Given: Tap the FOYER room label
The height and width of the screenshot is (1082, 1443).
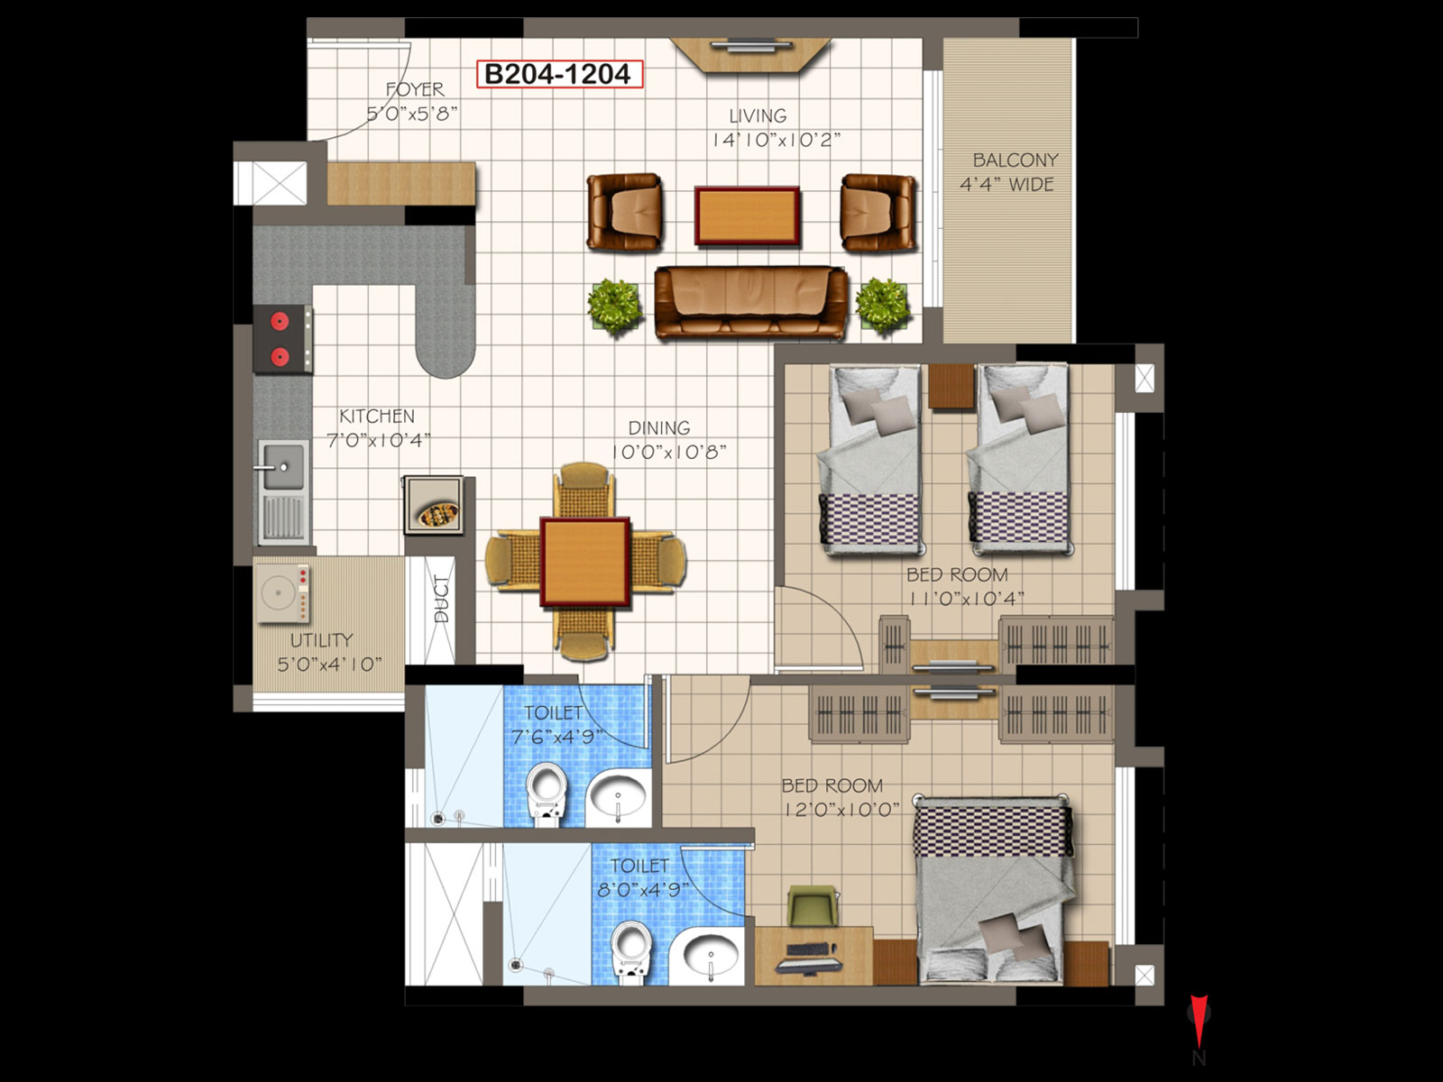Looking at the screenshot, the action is (x=415, y=89).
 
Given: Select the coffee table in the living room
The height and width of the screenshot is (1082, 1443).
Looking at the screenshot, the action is (x=747, y=216).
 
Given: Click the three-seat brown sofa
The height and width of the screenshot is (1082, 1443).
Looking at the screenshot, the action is (x=750, y=302).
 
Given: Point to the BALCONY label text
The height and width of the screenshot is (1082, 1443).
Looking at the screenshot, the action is (x=1015, y=160).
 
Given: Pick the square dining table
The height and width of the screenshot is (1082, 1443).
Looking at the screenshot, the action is (x=585, y=562).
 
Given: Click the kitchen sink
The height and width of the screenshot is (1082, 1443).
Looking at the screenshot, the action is (x=283, y=492).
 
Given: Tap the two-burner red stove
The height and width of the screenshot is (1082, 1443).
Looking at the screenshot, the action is (x=282, y=339).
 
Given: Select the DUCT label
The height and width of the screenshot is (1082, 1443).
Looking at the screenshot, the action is (x=442, y=599).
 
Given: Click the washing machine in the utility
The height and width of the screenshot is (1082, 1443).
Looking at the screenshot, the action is (x=282, y=594).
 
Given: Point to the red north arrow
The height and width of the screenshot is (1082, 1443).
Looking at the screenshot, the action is (x=1199, y=1021).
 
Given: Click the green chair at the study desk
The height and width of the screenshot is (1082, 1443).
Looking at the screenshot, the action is (x=813, y=905).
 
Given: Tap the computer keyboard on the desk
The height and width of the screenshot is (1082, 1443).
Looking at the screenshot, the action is (x=811, y=949).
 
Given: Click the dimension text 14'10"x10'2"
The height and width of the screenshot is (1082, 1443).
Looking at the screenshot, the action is (x=777, y=140).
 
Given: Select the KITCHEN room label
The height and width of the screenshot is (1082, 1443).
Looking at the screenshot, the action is (x=377, y=416).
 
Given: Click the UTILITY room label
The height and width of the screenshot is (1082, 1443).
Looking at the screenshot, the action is (x=321, y=640).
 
